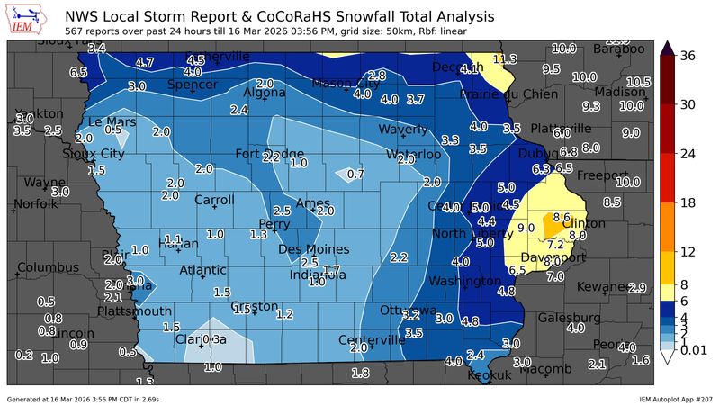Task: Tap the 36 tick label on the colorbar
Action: tap(689, 56)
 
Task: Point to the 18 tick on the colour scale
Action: tap(689, 202)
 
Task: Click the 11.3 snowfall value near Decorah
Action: tap(505, 59)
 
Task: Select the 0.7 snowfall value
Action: tap(355, 174)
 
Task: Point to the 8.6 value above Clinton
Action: tap(562, 217)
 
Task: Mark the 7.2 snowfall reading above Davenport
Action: tap(555, 244)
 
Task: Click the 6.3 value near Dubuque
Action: tap(541, 168)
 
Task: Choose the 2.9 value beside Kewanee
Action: tap(638, 288)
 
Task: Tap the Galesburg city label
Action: tap(569, 318)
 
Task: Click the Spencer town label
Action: tap(193, 85)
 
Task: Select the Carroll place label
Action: tap(214, 200)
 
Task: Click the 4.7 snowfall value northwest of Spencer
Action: tap(145, 63)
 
